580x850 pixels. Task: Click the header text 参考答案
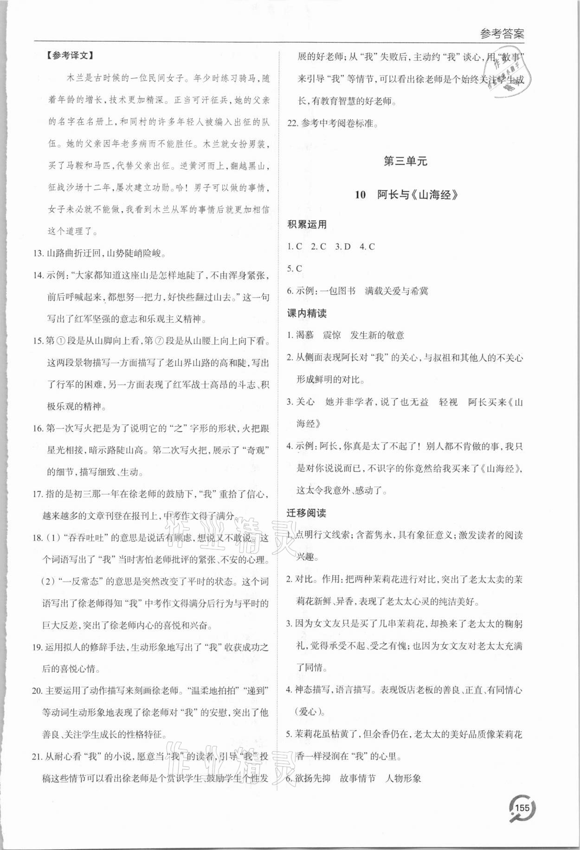click(502, 34)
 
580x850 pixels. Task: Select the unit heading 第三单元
click(406, 161)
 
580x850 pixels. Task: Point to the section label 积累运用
click(307, 224)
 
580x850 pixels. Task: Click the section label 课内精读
click(307, 313)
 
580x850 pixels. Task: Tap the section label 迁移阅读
click(306, 513)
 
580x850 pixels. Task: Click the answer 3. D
click(342, 247)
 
